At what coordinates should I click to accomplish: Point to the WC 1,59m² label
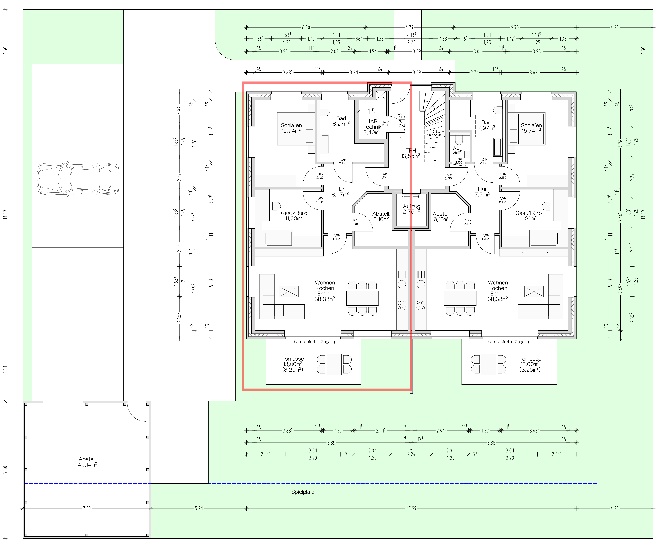click(456, 150)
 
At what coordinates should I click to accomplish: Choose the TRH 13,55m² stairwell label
click(410, 153)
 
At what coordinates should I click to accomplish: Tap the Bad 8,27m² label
click(341, 121)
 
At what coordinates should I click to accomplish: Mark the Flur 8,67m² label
click(340, 192)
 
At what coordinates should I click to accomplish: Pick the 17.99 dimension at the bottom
click(411, 508)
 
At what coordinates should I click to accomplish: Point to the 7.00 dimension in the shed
click(87, 508)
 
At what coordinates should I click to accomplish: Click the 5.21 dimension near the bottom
click(199, 508)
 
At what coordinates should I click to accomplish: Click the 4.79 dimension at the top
click(410, 27)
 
